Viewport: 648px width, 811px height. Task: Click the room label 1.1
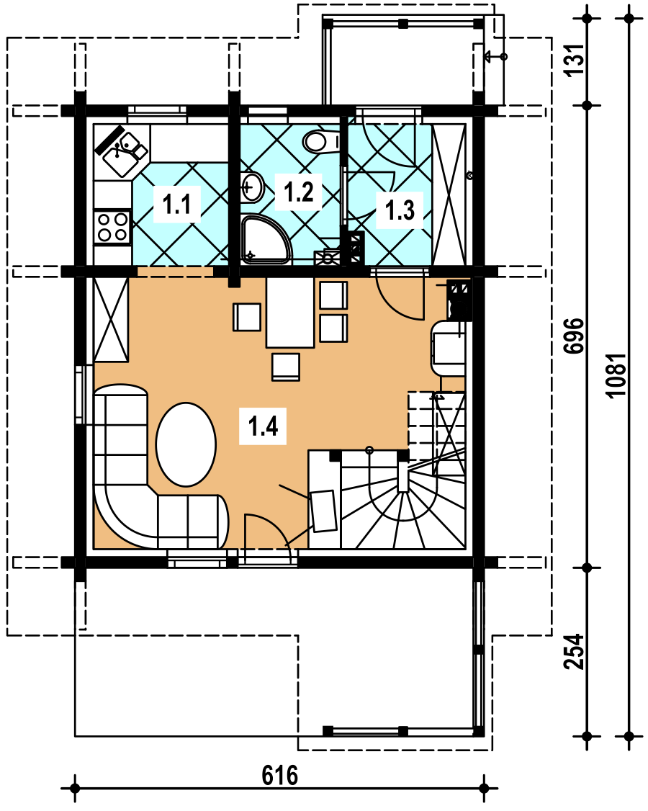click(x=177, y=205)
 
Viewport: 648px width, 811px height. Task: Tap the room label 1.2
click(x=298, y=192)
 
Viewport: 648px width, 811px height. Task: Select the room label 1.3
click(x=400, y=210)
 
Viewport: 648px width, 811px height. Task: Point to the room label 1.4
click(x=263, y=426)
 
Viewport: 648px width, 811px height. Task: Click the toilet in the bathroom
click(x=321, y=141)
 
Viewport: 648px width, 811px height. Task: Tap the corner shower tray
click(x=266, y=240)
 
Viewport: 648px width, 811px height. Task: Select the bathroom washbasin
click(x=252, y=187)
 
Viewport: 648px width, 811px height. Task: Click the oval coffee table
click(x=186, y=444)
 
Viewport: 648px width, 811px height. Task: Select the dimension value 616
click(x=280, y=775)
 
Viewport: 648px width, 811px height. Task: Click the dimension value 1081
click(x=618, y=375)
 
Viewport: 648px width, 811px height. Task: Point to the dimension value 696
click(x=575, y=336)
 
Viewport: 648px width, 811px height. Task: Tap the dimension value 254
click(x=575, y=652)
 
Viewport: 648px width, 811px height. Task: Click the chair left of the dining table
click(x=247, y=317)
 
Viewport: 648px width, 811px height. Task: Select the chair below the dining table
click(x=286, y=367)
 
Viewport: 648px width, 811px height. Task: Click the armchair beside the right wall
click(x=448, y=348)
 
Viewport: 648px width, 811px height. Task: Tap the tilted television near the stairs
click(x=324, y=511)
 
